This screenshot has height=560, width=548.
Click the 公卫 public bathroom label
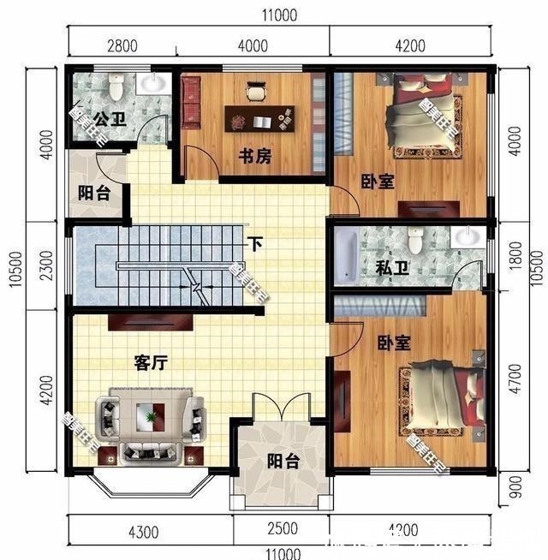tap(109, 120)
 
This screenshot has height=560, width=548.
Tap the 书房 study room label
tap(254, 157)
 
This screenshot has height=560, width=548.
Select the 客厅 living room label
tap(150, 362)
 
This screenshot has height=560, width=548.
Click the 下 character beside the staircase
tap(254, 243)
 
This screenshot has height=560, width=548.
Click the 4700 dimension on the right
tap(514, 379)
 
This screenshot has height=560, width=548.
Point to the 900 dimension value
tap(514, 489)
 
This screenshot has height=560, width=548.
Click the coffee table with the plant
tap(151, 418)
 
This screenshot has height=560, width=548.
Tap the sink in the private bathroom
tap(468, 237)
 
